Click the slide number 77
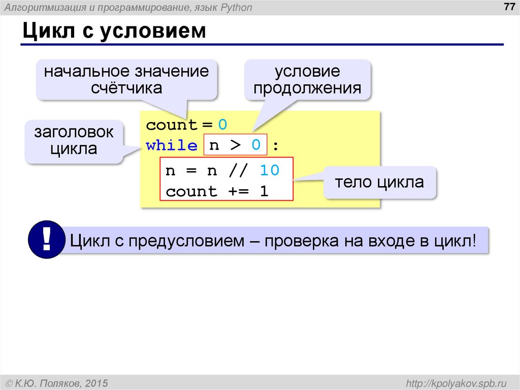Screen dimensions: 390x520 tap(507, 7)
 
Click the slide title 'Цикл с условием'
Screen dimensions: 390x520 tap(114, 32)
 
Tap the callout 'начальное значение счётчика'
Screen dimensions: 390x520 tap(126, 79)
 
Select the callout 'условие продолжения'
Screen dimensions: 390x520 tap(308, 79)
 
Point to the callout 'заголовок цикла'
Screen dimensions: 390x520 tap(74, 141)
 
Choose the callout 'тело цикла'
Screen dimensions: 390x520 tap(379, 182)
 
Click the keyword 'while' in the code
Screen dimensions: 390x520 tap(172, 146)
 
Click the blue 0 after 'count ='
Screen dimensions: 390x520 tap(222, 125)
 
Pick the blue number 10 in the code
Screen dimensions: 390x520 tap(269, 170)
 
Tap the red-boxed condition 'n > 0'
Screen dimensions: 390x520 tap(235, 146)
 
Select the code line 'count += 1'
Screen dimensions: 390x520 tap(217, 192)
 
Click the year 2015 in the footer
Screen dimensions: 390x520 tap(95, 382)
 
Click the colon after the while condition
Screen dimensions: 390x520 tap(275, 146)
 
